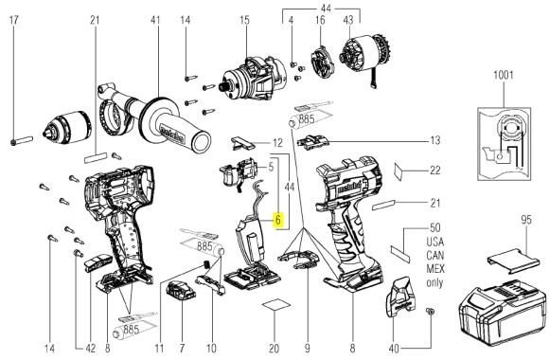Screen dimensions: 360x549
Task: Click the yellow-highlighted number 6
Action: [278, 218]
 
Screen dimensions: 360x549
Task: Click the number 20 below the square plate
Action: [274, 348]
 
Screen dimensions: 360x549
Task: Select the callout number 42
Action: [89, 348]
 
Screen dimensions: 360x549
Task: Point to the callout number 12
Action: [277, 143]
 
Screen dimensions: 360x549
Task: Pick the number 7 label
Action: [181, 348]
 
